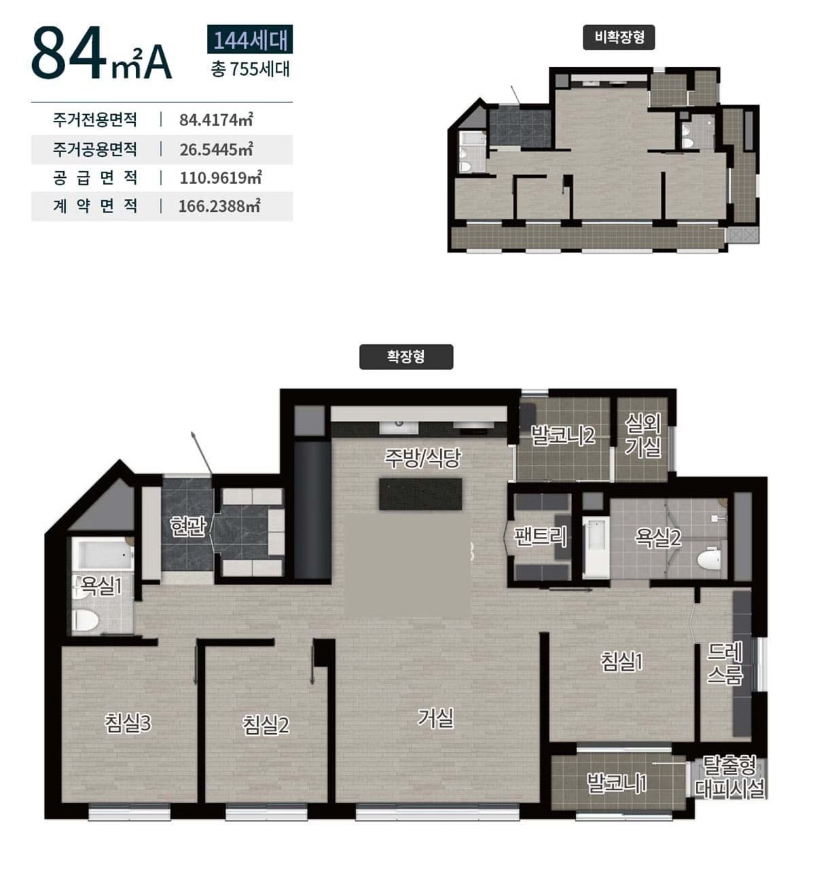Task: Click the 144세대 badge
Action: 250,39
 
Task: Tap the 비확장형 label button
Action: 619,37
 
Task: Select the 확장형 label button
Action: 406,356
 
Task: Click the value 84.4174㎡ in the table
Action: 216,119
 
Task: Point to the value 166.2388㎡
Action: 219,206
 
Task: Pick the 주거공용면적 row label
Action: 95,149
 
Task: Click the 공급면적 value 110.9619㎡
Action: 220,178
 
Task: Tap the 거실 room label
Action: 435,718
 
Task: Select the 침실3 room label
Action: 128,723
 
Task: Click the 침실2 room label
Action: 266,725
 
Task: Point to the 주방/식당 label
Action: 422,458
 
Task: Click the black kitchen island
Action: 420,494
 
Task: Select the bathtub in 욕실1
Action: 103,554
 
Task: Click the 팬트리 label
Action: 541,536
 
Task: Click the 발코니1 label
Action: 617,783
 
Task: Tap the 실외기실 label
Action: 643,435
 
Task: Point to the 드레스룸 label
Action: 725,663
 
